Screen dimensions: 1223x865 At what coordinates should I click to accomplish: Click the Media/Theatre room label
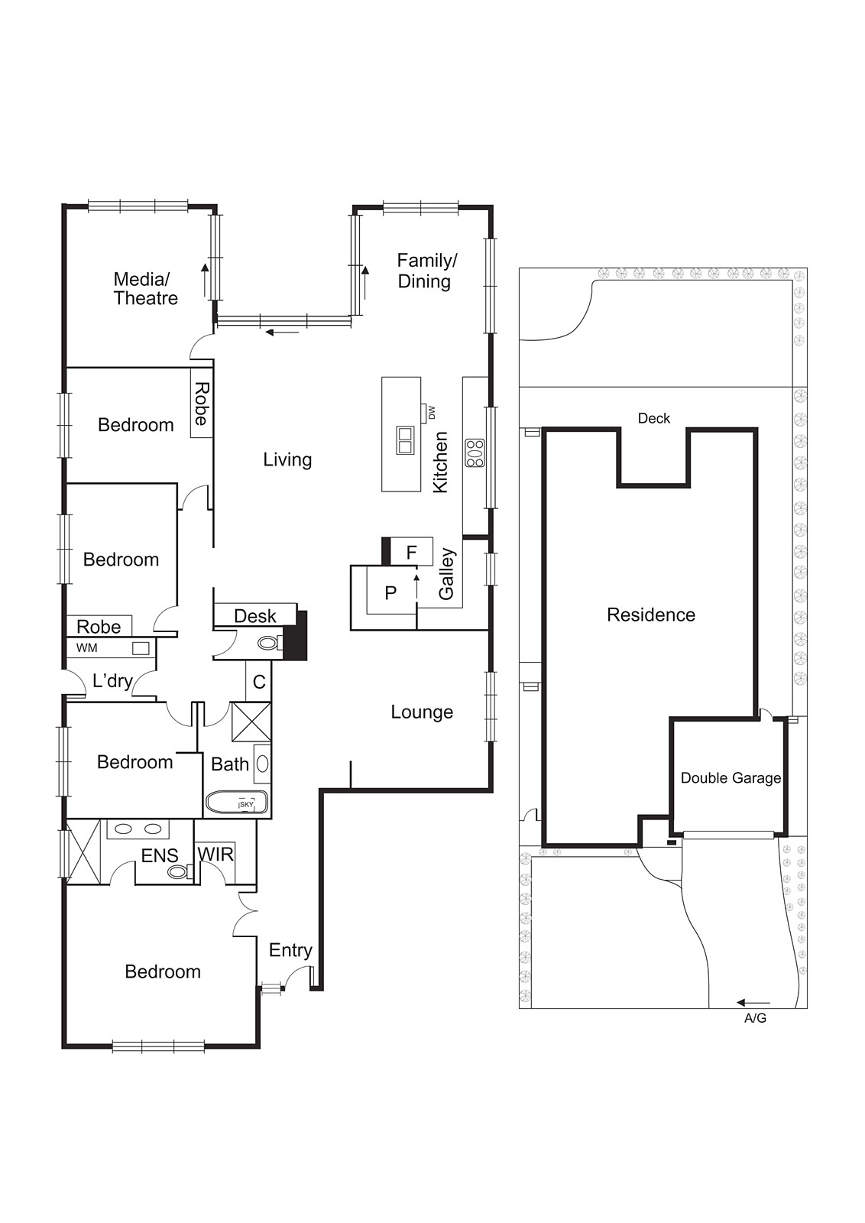(145, 289)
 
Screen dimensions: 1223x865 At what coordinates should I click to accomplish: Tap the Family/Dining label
(426, 271)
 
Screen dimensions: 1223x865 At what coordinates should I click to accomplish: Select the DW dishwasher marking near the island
(431, 413)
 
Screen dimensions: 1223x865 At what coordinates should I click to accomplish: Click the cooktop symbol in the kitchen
(475, 453)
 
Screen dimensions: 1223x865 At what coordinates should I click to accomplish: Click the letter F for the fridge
(411, 553)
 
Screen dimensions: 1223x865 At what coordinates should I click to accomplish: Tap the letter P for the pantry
(390, 592)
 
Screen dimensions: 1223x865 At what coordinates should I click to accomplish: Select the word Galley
(446, 573)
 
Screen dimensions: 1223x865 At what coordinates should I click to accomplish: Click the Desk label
(254, 616)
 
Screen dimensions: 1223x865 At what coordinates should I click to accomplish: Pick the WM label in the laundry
(87, 648)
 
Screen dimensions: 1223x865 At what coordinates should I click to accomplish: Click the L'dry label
(112, 680)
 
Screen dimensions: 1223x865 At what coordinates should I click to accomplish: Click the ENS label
(160, 855)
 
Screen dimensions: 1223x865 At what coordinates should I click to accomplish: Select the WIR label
(215, 854)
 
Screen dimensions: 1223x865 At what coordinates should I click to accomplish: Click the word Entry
(290, 950)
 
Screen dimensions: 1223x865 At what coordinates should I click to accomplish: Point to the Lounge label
(422, 712)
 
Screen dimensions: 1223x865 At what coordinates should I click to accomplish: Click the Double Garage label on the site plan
(731, 778)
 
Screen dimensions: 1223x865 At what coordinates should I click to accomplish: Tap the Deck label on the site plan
(653, 418)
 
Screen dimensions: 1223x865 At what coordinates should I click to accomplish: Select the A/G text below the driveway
(755, 1018)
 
